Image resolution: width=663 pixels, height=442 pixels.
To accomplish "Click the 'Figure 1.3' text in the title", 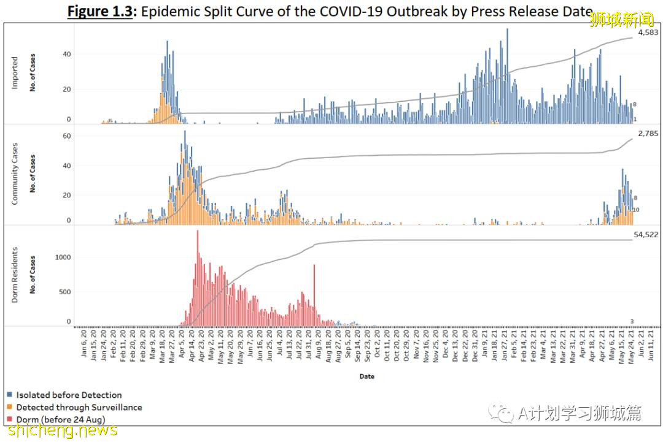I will click(100, 12).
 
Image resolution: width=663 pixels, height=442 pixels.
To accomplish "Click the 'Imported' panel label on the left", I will click(15, 73).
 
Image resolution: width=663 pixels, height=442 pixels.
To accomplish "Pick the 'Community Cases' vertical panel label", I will click(15, 173).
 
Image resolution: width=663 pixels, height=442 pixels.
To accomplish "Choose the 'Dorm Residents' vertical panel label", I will click(15, 275).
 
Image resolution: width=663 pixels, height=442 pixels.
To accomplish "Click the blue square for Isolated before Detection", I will click(10, 395).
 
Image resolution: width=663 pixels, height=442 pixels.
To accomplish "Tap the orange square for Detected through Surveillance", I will click(10, 407).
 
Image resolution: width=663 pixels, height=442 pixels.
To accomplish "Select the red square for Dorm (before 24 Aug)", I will click(10, 419).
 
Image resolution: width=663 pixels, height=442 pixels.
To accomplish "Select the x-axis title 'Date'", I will click(366, 376).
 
